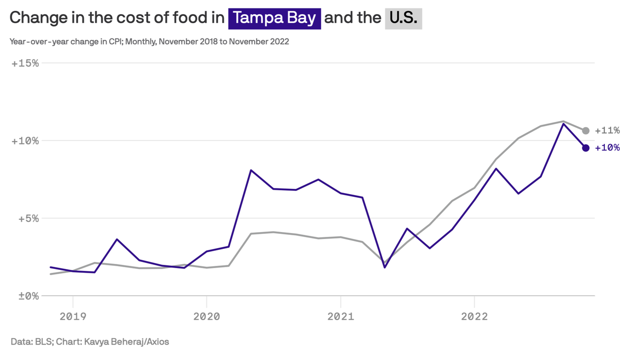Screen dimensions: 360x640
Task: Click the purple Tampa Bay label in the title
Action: pyautogui.click(x=274, y=18)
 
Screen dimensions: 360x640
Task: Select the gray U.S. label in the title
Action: pyautogui.click(x=403, y=18)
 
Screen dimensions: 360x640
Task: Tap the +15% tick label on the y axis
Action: pyautogui.click(x=25, y=63)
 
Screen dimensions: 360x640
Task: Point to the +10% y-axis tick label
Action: pyautogui.click(x=25, y=141)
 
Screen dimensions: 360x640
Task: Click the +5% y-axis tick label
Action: pyautogui.click(x=27, y=218)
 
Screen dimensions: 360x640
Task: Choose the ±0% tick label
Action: pyautogui.click(x=27, y=296)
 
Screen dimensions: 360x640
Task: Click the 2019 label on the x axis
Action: pyautogui.click(x=73, y=317)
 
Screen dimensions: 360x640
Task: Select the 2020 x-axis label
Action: pyautogui.click(x=207, y=317)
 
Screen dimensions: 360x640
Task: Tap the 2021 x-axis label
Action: pyautogui.click(x=341, y=317)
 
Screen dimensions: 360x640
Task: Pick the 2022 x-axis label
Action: pyautogui.click(x=475, y=317)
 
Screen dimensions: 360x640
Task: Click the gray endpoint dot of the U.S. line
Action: pyautogui.click(x=586, y=131)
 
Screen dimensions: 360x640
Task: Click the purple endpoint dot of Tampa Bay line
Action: pyautogui.click(x=586, y=148)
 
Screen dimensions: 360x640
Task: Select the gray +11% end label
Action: pyautogui.click(x=607, y=131)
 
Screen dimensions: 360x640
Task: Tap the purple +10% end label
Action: pyautogui.click(x=607, y=148)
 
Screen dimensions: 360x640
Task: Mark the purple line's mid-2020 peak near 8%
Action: pyautogui.click(x=251, y=170)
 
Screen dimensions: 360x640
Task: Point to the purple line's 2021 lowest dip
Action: pyautogui.click(x=385, y=267)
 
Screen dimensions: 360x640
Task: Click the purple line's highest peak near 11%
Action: pyautogui.click(x=563, y=124)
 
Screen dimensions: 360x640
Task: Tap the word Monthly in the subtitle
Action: pyautogui.click(x=141, y=41)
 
